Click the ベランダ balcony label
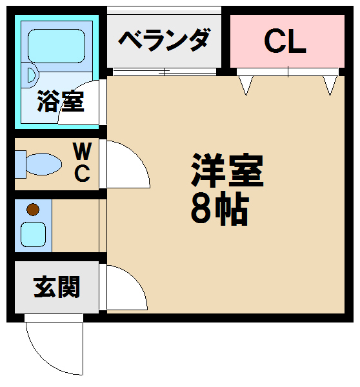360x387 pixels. (165, 40)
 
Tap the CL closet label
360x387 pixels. (285, 41)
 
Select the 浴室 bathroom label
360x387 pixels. (61, 101)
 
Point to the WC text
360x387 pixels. (82, 162)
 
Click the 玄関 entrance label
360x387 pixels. (57, 287)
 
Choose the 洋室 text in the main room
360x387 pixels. (227, 170)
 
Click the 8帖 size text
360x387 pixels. (219, 208)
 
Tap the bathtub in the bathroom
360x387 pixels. (57, 46)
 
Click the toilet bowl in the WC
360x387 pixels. (44, 164)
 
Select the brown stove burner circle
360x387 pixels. (33, 210)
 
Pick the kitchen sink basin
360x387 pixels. (33, 234)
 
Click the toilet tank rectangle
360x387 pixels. (20, 164)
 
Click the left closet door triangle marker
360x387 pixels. (246, 86)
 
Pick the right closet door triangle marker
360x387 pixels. (330, 86)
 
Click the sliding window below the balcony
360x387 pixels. (165, 72)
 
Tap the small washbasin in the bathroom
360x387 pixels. (32, 75)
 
